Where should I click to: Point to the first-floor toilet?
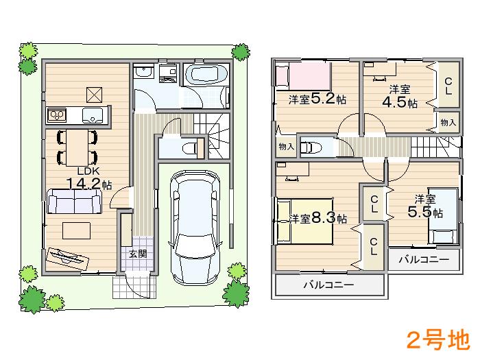point(191,146)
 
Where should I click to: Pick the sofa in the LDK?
point(74,202)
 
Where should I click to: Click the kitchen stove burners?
point(56,114)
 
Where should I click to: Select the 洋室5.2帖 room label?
point(317,99)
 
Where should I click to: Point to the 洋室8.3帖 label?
point(317,219)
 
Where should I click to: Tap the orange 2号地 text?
point(437,339)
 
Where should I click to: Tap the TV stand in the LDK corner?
point(68,256)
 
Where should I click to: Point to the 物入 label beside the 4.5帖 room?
point(448,122)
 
